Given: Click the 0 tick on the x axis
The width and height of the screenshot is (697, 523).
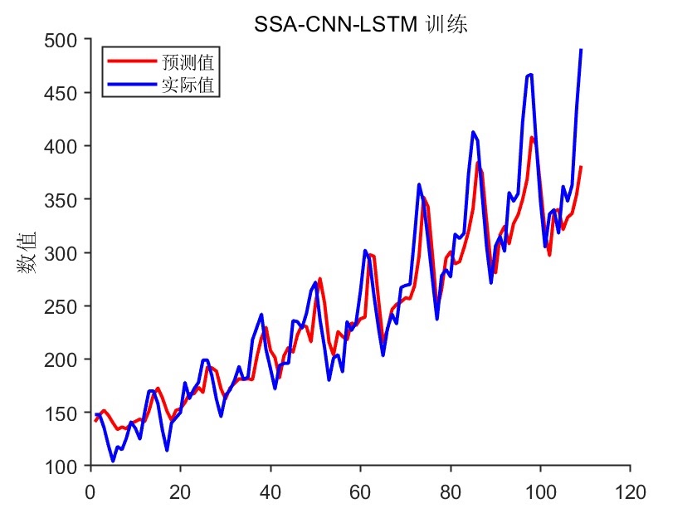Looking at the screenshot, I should pos(90,491).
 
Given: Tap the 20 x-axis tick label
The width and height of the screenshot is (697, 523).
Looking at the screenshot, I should pos(180,491).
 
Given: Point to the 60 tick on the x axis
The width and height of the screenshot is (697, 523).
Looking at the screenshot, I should pos(360,491).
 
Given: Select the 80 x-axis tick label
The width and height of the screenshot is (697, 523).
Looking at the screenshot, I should pos(451,491).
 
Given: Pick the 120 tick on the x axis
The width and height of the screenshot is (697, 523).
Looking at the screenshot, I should pos(631,491).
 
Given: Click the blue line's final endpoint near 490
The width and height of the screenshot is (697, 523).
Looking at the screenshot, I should pos(581,51).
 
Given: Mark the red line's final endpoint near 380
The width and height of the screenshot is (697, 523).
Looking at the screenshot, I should pos(581,168).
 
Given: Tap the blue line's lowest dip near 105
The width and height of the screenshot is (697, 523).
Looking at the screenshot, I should pos(113,460).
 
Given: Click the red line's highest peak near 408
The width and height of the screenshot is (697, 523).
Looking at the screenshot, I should pos(532,138).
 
